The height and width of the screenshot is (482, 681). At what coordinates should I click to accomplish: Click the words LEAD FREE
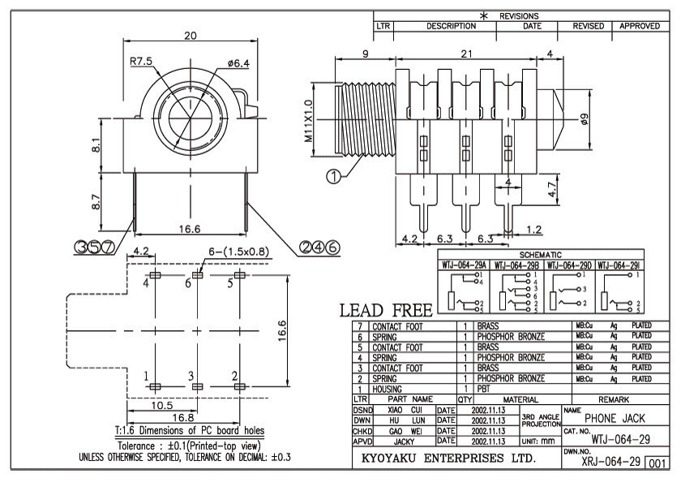(380, 312)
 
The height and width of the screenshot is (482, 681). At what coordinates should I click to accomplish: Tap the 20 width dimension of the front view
(191, 36)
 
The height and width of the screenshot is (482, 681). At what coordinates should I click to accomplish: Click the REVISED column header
(589, 26)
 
